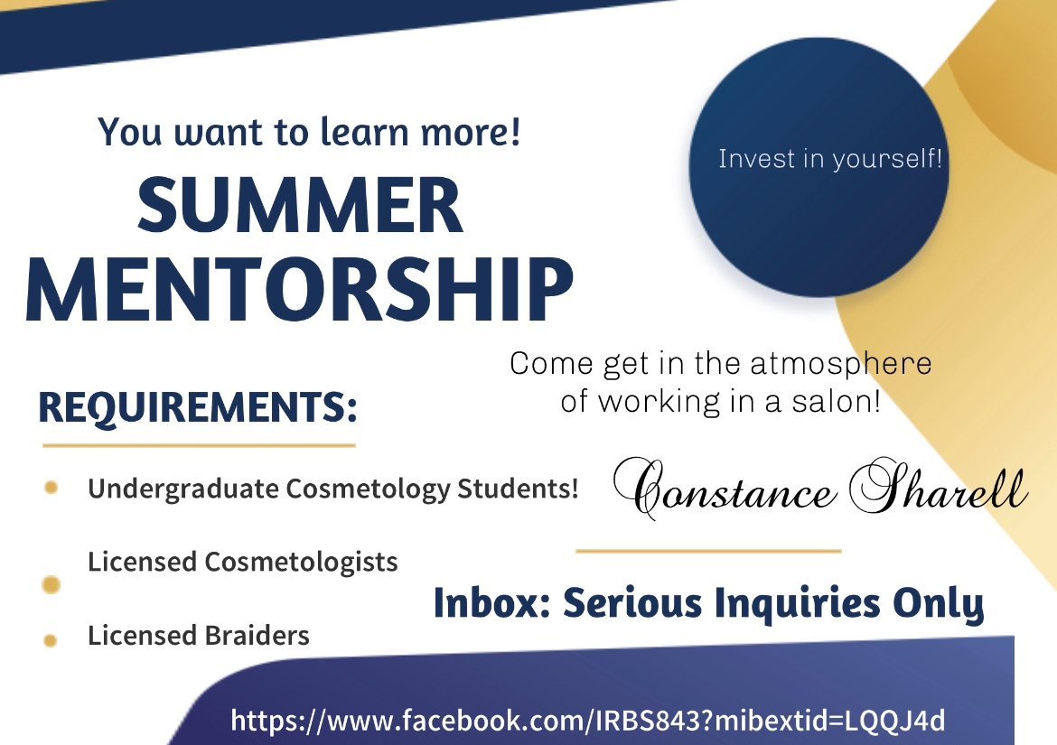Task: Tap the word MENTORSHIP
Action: [299, 287]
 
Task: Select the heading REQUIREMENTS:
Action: [198, 408]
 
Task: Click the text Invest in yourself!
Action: [830, 160]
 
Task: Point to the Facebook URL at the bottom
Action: [588, 721]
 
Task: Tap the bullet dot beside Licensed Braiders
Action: [51, 640]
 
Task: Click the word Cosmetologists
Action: [301, 562]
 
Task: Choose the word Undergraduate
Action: [183, 489]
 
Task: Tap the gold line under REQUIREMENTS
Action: [199, 445]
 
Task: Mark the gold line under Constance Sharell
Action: [708, 550]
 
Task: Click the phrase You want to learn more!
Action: [309, 132]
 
